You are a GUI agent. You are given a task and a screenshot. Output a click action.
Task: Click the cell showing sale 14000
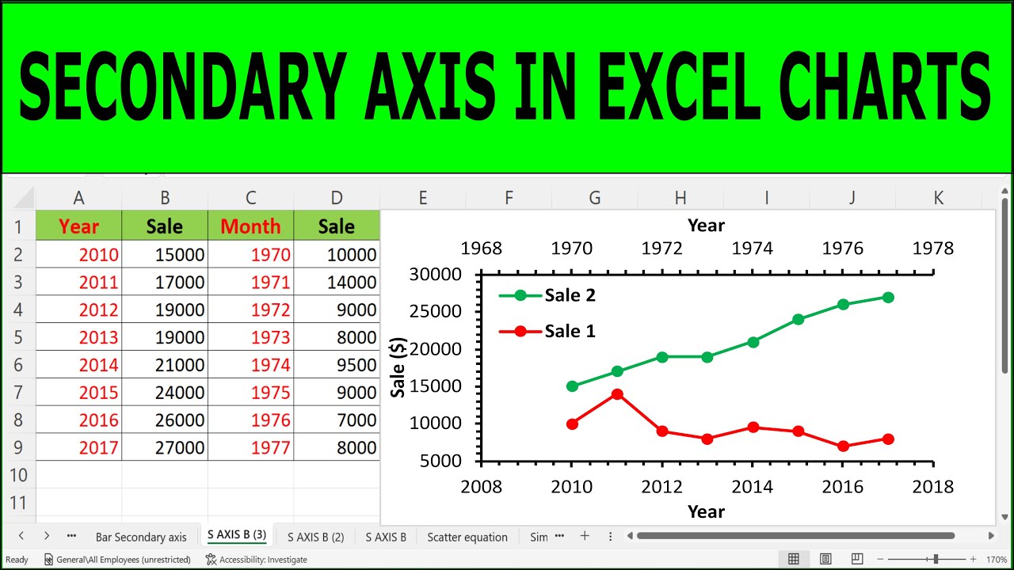[x=337, y=282]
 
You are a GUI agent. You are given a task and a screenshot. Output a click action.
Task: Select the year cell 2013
[x=78, y=337]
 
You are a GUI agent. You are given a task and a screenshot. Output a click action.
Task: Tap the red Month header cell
[x=251, y=226]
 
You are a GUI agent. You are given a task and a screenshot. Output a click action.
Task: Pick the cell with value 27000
[x=165, y=447]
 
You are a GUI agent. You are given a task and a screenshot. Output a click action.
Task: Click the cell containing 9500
[x=337, y=365]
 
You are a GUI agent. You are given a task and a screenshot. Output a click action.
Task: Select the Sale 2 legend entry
[x=547, y=295]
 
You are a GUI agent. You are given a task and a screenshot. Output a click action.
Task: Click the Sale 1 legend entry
[x=547, y=332]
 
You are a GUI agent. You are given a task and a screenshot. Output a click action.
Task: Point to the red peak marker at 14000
[x=617, y=394]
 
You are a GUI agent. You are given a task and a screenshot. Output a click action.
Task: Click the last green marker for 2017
[x=888, y=297]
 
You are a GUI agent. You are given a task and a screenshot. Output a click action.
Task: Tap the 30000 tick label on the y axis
[x=435, y=274]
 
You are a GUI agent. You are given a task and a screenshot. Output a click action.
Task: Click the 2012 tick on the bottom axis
[x=661, y=487]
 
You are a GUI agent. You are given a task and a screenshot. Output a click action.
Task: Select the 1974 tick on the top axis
[x=753, y=249]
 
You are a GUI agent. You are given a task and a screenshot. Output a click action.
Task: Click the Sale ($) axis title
[x=398, y=367]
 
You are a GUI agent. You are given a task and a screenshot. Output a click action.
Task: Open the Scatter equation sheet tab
[x=467, y=537]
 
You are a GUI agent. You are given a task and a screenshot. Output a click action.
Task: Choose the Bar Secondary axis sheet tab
[x=141, y=537]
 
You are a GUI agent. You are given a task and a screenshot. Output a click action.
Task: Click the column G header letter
[x=594, y=198]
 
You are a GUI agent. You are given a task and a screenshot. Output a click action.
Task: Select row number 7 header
[x=18, y=392]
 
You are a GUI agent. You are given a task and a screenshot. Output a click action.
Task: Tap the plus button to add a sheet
[x=585, y=536]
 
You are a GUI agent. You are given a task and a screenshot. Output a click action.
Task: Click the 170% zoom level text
[x=997, y=560]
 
